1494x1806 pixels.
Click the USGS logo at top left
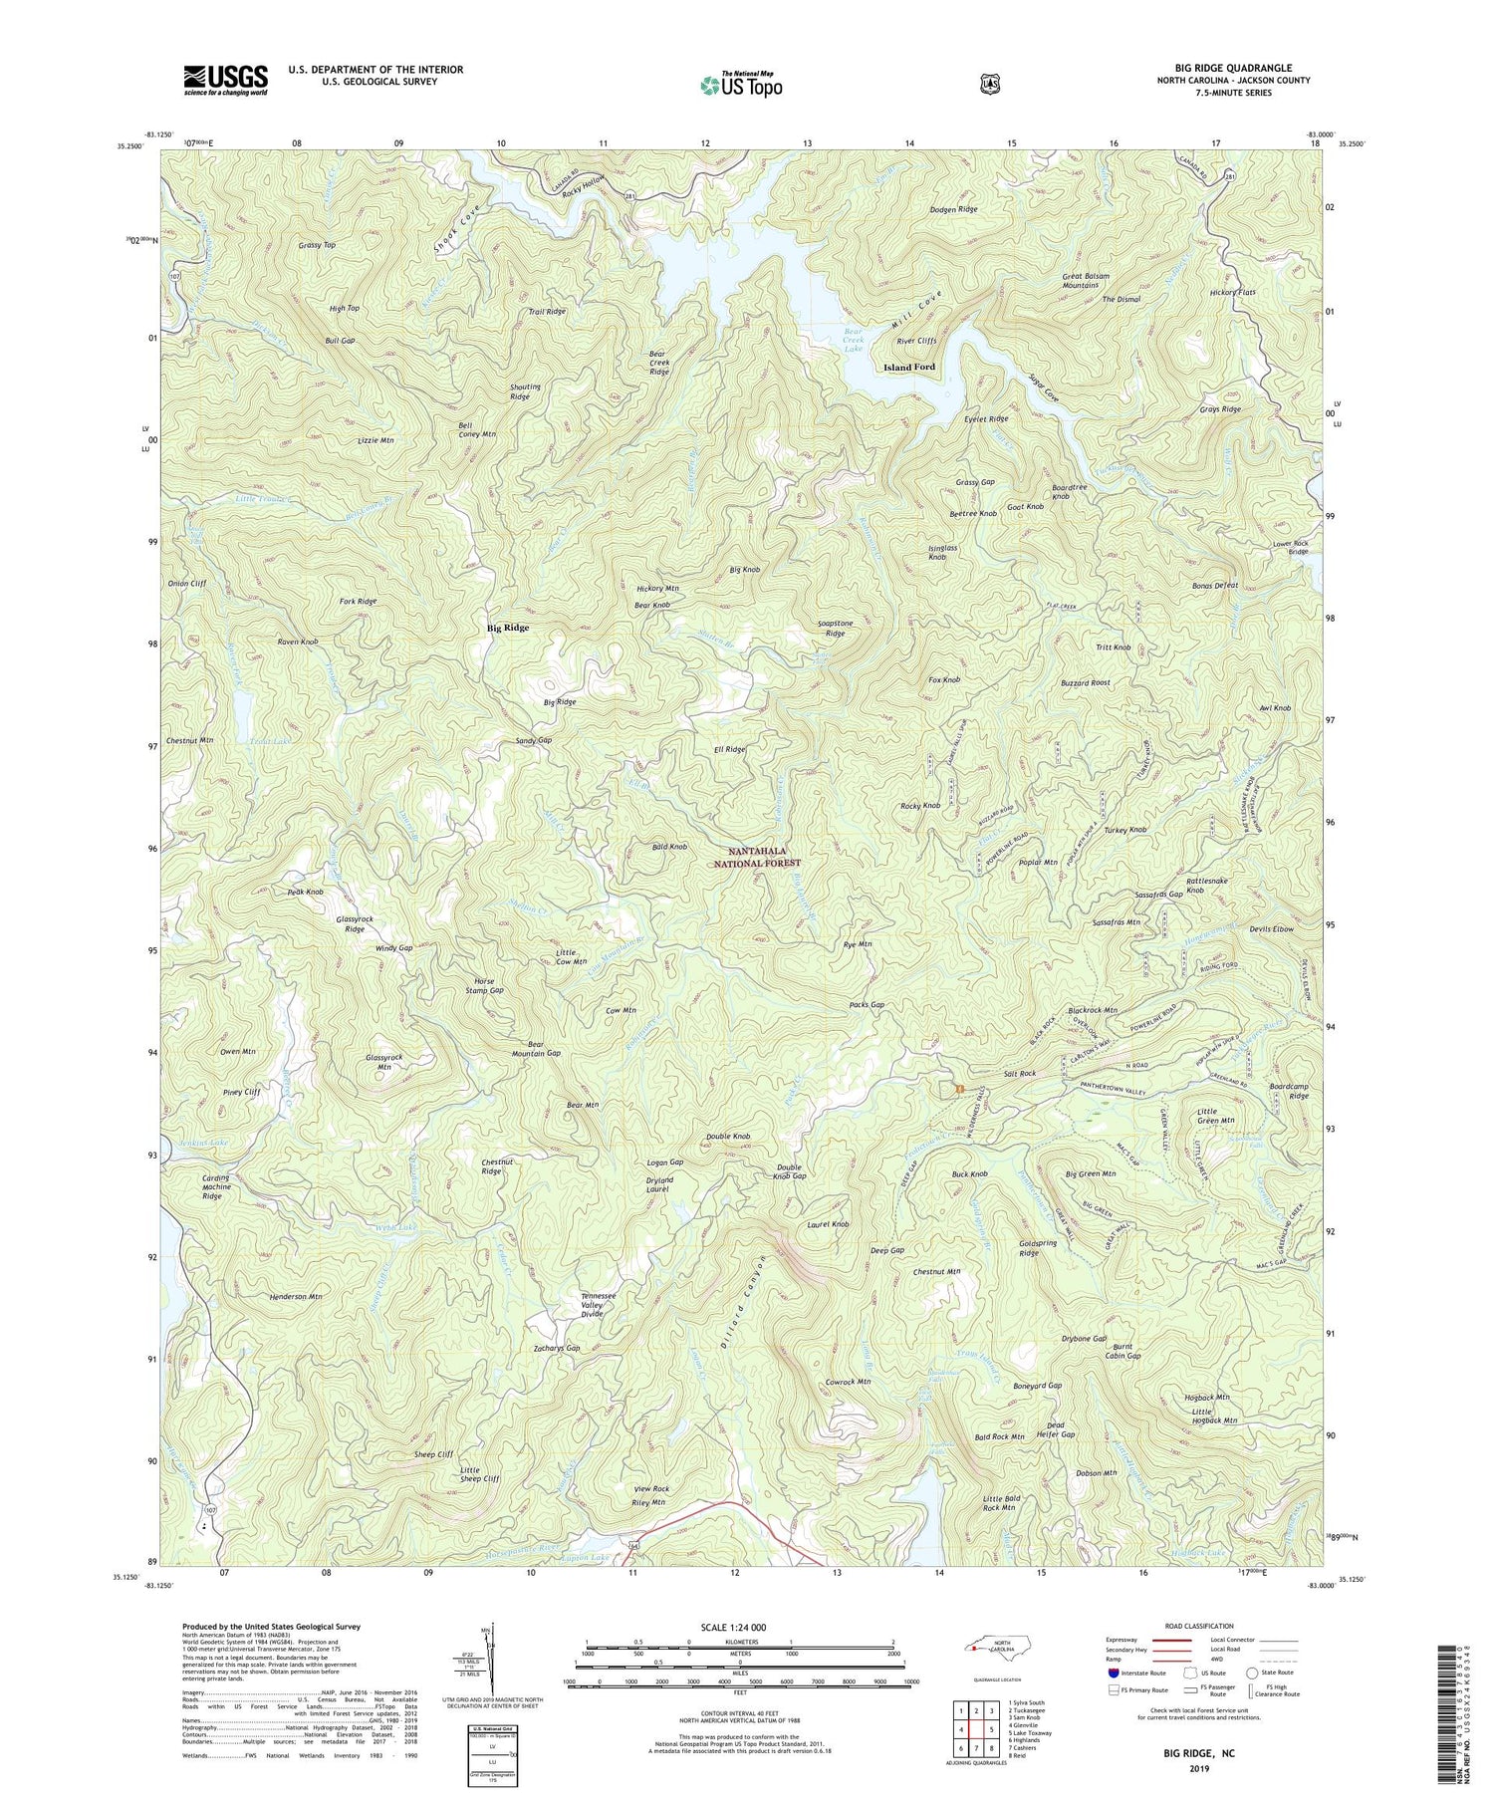pos(225,80)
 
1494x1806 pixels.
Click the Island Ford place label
pos(909,368)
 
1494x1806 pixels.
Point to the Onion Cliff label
pos(186,584)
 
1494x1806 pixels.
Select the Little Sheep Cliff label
pos(480,1475)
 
